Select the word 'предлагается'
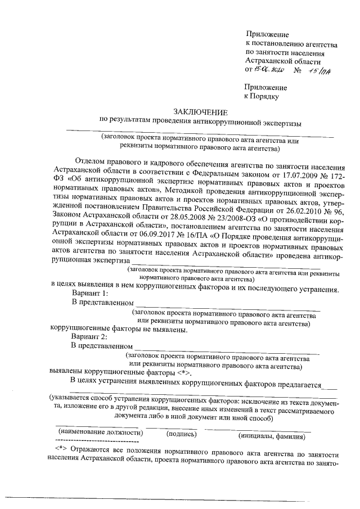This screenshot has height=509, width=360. (297, 385)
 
